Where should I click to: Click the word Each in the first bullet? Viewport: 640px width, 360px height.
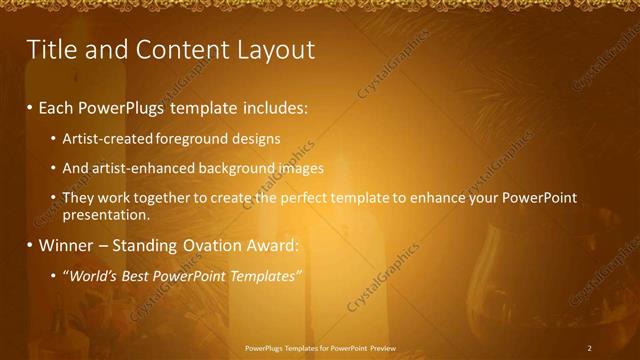[x=56, y=107]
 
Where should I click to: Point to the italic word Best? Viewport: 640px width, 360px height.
[x=135, y=275]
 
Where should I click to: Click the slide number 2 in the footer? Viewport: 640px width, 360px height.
[x=590, y=348]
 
